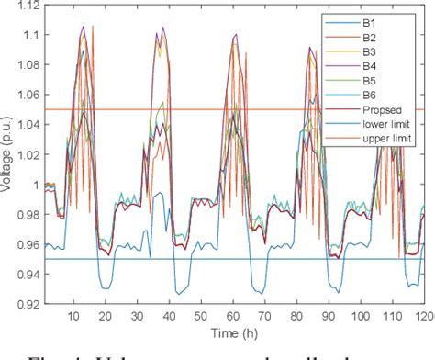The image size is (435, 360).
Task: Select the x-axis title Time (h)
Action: point(234,330)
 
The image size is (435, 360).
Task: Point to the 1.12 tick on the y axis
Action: point(25,7)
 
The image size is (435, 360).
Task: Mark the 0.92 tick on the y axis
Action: point(25,301)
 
